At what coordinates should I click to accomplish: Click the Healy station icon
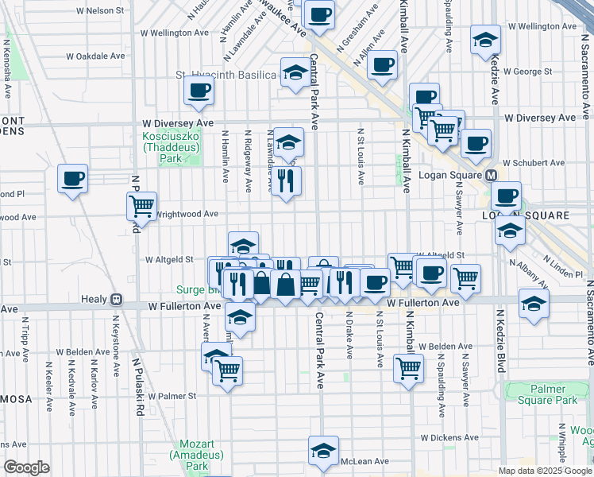tap(116, 300)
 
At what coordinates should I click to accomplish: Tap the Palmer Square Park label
tap(551, 395)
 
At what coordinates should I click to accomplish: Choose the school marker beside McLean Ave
tap(323, 450)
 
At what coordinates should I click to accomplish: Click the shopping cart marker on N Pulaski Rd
tap(141, 206)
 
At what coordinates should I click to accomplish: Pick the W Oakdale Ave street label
tap(96, 56)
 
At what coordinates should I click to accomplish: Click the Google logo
tap(26, 467)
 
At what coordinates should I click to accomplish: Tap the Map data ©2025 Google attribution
tap(544, 471)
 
